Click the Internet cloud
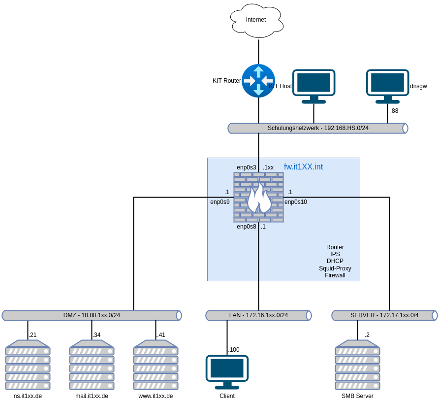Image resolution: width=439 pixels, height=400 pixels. point(256,20)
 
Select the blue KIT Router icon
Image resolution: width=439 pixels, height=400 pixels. point(258,80)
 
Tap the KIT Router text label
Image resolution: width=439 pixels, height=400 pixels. point(227,81)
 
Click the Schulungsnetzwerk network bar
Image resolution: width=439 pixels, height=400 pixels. point(318,128)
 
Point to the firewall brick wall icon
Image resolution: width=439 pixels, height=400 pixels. point(258,197)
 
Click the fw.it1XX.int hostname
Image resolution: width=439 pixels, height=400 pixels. point(303,167)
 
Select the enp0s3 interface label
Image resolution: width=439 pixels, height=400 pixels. point(246,167)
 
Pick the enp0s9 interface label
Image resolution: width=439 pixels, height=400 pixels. point(220,202)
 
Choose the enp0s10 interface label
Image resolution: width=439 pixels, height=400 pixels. point(296,202)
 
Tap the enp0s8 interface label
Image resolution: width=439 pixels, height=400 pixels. point(246,227)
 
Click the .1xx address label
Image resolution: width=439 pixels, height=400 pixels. point(268,167)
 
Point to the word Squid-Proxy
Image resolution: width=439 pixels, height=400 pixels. point(335,268)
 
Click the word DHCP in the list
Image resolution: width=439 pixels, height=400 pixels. point(335,261)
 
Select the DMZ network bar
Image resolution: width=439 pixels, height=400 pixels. point(92,315)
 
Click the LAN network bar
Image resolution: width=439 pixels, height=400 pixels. point(258,315)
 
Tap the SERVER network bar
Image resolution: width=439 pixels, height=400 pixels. point(384,315)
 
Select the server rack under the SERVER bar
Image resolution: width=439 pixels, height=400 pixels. point(357,365)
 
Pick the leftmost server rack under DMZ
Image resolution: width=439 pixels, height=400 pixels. point(28,365)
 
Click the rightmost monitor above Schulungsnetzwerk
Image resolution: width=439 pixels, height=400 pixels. point(388,86)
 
